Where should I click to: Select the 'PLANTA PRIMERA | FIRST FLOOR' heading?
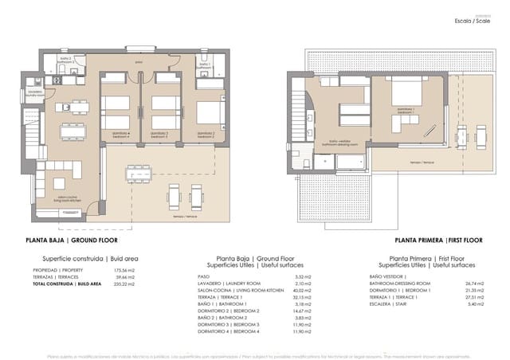pos(438,240)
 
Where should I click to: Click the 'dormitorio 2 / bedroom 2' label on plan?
pos(208,134)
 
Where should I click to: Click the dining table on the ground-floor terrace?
pos(140,171)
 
